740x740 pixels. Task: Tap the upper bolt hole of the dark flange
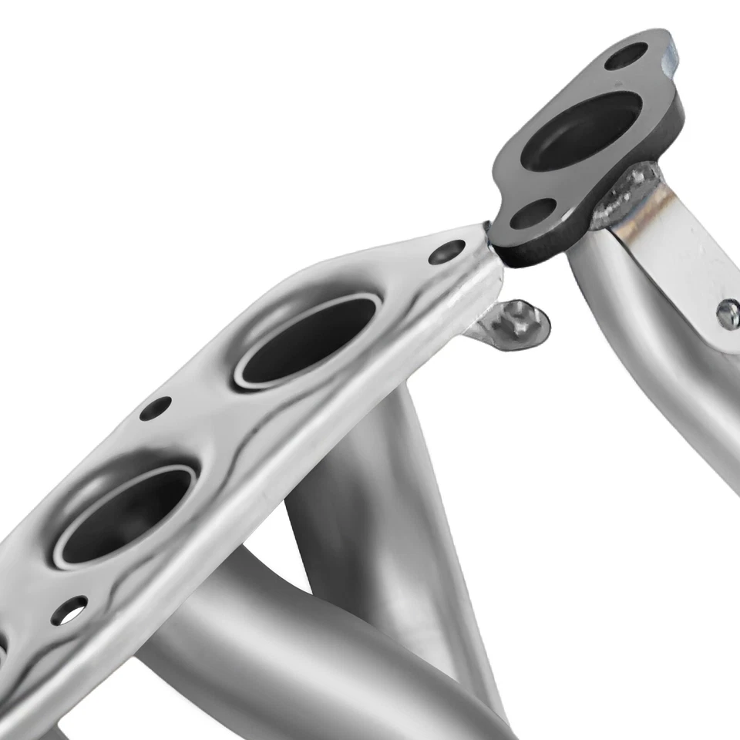pos(625,55)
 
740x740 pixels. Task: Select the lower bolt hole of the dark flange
pos(534,213)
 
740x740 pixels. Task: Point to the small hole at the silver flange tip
pos(446,251)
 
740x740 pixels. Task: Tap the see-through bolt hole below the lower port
pos(69,610)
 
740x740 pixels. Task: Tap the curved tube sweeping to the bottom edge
pos(308,655)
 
